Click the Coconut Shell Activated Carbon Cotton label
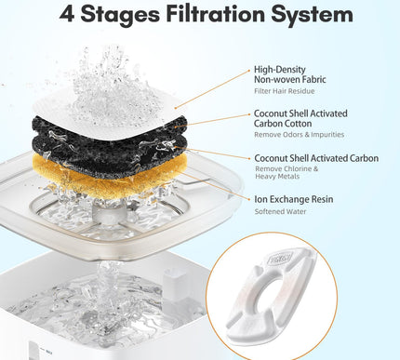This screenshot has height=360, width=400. (x=300, y=119)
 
